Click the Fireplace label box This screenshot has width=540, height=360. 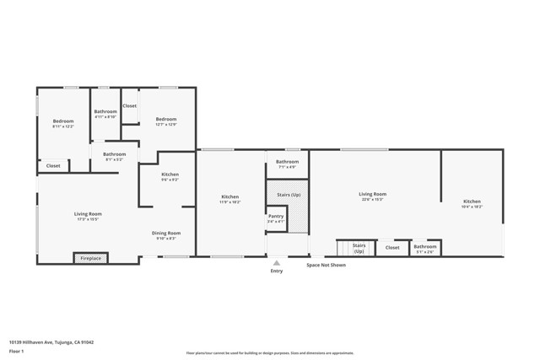pyautogui.click(x=89, y=258)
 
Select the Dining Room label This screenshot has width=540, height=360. pyautogui.click(x=165, y=235)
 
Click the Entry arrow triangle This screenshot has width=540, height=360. pyautogui.click(x=276, y=262)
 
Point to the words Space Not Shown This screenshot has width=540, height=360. pyautogui.click(x=326, y=265)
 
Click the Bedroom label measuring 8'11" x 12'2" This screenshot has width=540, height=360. pyautogui.click(x=63, y=123)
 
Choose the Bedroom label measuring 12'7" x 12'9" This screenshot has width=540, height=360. pyautogui.click(x=165, y=121)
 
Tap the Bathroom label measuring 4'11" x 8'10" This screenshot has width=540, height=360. pyautogui.click(x=105, y=114)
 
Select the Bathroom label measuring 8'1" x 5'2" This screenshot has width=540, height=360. pyautogui.click(x=114, y=156)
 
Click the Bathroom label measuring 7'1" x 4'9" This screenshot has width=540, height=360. pyautogui.click(x=287, y=164)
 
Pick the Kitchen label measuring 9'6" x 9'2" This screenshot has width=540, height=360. pyautogui.click(x=170, y=176)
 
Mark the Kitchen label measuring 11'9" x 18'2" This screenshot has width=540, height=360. pyautogui.click(x=230, y=199)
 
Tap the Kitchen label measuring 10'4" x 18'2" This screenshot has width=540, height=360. pyautogui.click(x=472, y=203)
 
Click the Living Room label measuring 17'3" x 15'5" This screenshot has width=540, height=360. pyautogui.click(x=88, y=216)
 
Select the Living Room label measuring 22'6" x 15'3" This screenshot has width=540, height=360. pyautogui.click(x=372, y=196)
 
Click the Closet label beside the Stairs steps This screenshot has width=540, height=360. pyautogui.click(x=392, y=248)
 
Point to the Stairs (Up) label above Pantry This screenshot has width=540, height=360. pyautogui.click(x=288, y=195)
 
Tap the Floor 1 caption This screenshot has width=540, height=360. pyautogui.click(x=17, y=352)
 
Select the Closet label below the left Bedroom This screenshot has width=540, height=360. pyautogui.click(x=53, y=166)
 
